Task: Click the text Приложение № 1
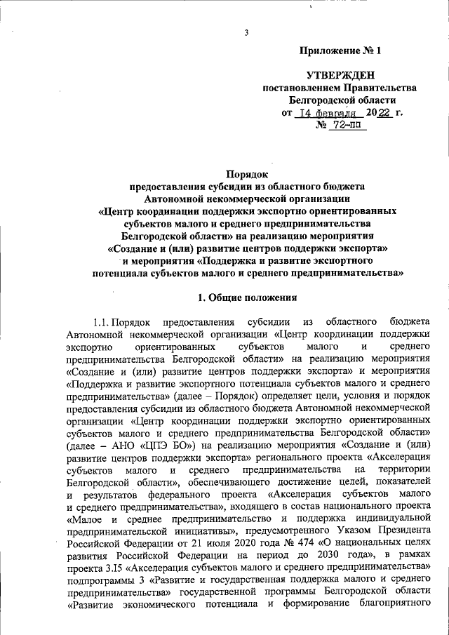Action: [340, 51]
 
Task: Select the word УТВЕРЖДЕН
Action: [340, 74]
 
